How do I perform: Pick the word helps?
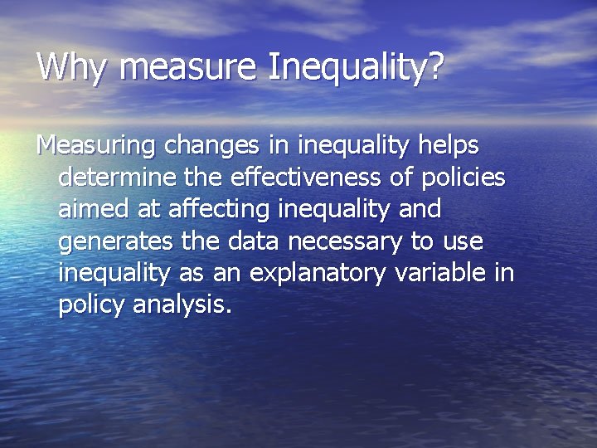(x=449, y=146)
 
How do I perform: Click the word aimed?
(x=90, y=209)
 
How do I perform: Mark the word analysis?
(x=182, y=304)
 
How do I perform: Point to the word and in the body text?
(x=420, y=209)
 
